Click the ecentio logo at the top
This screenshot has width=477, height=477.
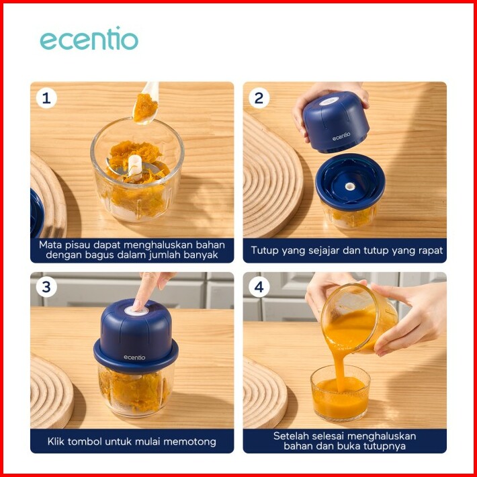89,38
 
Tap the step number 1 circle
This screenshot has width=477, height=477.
46,98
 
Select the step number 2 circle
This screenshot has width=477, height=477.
259,98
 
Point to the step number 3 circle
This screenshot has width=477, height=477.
46,287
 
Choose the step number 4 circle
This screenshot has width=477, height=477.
259,287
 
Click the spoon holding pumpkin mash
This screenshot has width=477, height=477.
146,103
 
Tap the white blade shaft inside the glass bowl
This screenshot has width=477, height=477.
135,167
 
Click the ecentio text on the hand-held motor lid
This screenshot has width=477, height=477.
341,136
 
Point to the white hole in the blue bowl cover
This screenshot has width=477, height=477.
349,186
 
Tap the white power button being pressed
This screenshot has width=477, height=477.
136,311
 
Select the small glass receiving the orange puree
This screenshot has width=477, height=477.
341,393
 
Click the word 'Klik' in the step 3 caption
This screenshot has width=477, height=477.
56,441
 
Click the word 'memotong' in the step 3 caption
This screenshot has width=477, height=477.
189,441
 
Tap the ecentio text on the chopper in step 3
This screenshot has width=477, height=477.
134,357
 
